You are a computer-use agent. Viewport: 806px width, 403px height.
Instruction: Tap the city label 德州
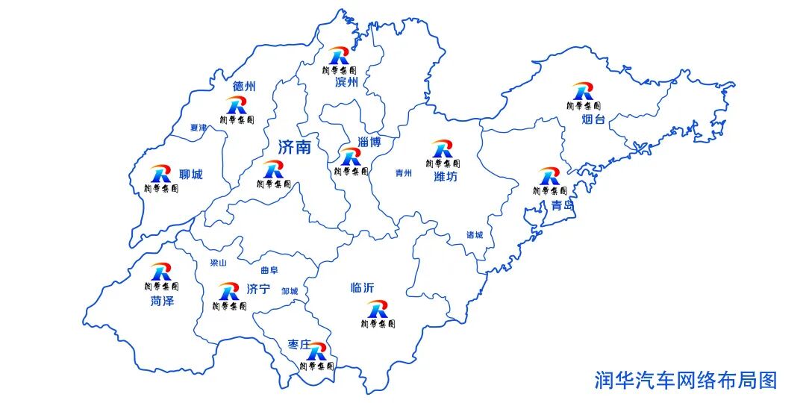(244, 87)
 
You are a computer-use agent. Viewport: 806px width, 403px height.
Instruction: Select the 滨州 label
(347, 82)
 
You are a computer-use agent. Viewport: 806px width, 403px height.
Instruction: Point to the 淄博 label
(369, 142)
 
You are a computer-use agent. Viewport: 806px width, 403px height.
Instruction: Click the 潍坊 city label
(446, 177)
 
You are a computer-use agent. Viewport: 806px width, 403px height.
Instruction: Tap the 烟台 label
(593, 119)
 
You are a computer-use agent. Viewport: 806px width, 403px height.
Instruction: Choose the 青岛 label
(563, 204)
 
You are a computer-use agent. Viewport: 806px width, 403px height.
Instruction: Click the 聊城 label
(191, 175)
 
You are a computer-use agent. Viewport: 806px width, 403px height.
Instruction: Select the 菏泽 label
(162, 301)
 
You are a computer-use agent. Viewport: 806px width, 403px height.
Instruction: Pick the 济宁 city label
(257, 290)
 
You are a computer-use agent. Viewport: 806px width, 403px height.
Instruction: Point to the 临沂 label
(363, 288)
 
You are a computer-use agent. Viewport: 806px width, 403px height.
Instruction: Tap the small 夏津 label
(199, 128)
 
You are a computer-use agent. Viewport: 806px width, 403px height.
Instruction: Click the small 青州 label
(404, 172)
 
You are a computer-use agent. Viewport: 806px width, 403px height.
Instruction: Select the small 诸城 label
(475, 235)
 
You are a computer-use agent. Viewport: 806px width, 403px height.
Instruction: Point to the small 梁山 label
(219, 263)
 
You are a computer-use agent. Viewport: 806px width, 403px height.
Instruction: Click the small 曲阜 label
(269, 270)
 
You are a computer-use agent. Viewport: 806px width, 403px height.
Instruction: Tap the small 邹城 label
(290, 291)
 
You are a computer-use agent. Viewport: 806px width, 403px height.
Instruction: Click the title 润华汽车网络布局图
(685, 380)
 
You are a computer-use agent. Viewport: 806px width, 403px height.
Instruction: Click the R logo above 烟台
(582, 92)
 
